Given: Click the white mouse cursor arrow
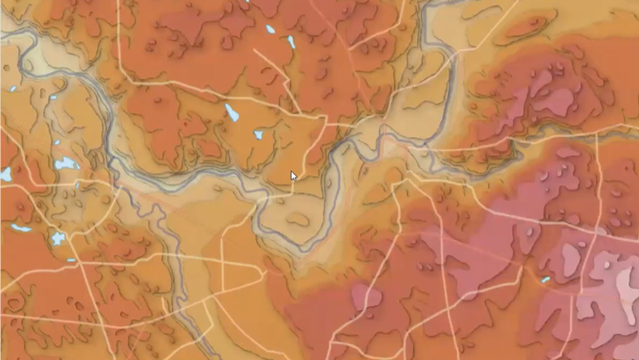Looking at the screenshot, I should [x=294, y=177].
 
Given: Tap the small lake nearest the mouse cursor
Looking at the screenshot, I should [x=258, y=135].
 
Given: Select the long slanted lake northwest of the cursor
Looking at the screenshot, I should [x=231, y=113].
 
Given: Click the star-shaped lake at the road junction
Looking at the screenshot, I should [x=58, y=238].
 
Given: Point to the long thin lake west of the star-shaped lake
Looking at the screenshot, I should [x=21, y=228].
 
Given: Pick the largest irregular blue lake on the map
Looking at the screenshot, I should [x=67, y=164].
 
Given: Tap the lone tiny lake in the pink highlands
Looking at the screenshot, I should [x=545, y=279].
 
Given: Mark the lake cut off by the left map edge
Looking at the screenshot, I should [x=5, y=174].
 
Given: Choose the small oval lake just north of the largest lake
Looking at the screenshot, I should [x=56, y=142].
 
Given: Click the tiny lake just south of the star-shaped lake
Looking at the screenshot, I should [x=70, y=260].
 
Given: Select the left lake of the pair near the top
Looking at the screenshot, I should [x=270, y=29].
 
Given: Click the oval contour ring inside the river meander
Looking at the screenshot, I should [x=296, y=219].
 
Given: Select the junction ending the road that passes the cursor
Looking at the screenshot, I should [x=326, y=122].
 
